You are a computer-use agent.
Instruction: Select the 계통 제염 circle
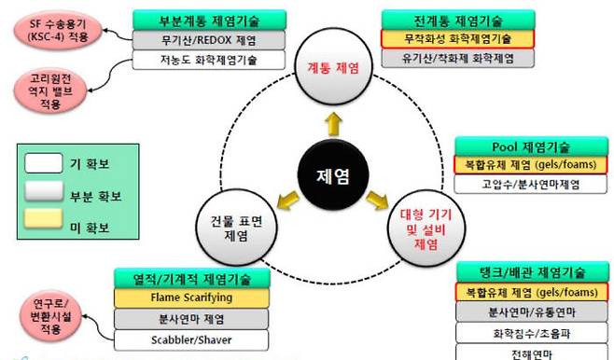[333, 67]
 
